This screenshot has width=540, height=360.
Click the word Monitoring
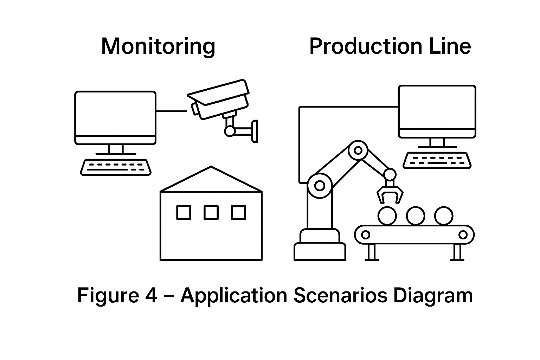[158, 46]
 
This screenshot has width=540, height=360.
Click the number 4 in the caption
[151, 295]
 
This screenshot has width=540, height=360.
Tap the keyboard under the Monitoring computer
[116, 167]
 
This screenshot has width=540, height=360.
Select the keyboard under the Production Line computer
[437, 160]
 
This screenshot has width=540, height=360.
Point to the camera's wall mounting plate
[255, 131]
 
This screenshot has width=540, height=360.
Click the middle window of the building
[211, 213]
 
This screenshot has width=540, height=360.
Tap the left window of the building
[184, 213]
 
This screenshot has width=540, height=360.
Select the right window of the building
[238, 213]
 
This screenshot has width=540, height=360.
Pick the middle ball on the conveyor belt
[415, 216]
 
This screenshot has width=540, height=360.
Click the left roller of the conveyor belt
[366, 234]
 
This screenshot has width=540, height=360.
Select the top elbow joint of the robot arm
[358, 150]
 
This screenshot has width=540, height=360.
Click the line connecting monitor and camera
[171, 111]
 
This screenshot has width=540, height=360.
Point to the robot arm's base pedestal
[320, 246]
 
